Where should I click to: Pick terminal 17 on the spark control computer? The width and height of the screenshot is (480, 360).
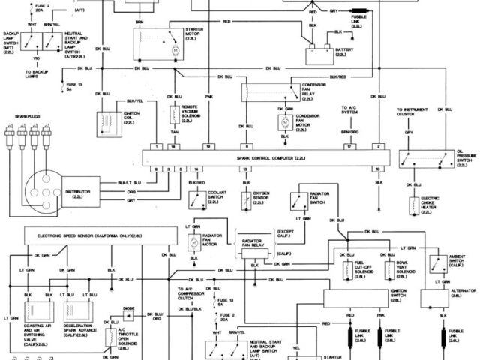(348, 146)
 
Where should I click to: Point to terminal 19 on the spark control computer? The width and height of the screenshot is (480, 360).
(208, 146)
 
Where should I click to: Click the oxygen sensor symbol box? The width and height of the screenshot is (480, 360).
(247, 200)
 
